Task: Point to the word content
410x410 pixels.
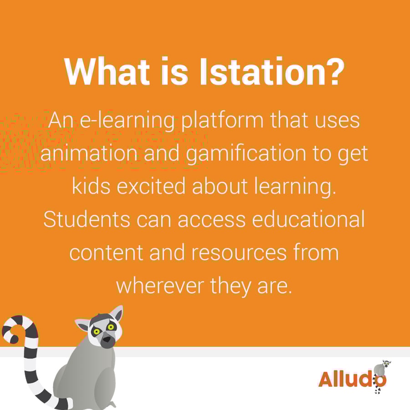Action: tap(106, 252)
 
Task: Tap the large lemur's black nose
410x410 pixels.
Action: tap(107, 340)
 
